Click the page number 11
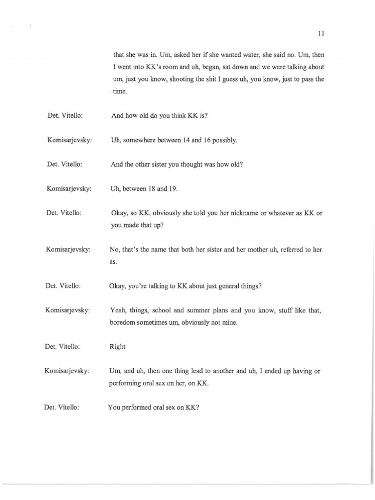click(321, 34)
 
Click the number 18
click(159, 188)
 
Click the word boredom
click(125, 323)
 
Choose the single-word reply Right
click(118, 347)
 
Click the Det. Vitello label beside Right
click(62, 347)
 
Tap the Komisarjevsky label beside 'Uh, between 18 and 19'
click(69, 188)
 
